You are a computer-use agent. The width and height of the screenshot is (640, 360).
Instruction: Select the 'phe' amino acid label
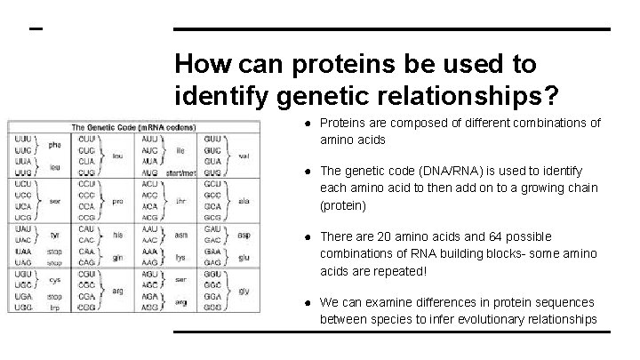pos(54,145)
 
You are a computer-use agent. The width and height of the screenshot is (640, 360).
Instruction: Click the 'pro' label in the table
pos(116,201)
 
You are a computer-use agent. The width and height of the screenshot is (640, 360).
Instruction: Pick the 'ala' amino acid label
pos(244,201)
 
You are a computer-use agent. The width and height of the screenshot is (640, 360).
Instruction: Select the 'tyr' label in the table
pos(54,235)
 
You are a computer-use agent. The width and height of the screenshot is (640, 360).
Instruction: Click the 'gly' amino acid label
pos(244,291)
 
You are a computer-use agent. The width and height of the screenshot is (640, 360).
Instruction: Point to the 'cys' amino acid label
pos(54,279)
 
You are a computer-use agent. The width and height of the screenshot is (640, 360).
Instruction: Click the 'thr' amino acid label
pos(181,201)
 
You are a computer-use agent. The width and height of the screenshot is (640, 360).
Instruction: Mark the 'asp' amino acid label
pos(244,235)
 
